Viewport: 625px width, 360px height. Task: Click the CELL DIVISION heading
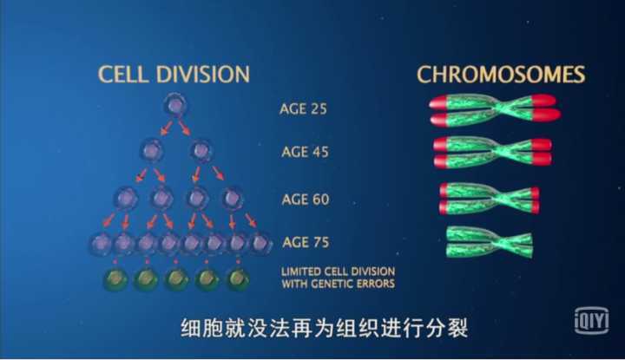174,74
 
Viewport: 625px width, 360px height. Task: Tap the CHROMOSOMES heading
501,75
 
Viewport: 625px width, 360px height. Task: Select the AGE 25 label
303,108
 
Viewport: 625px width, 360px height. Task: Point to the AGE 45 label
305,152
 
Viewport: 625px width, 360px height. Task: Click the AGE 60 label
306,200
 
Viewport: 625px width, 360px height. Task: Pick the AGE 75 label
306,242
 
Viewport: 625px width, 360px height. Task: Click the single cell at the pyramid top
175,106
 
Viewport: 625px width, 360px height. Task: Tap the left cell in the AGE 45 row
151,151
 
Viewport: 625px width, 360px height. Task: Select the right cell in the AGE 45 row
201,151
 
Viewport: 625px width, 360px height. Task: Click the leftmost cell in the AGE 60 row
126,199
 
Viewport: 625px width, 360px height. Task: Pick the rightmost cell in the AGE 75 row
260,243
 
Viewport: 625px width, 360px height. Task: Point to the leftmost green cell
115,278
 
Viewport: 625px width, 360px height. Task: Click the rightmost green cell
238,278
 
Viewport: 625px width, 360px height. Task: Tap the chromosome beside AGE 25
495,109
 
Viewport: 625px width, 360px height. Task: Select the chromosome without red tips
489,242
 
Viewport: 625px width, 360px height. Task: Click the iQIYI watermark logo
592,321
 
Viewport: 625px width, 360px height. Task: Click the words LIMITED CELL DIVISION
338,272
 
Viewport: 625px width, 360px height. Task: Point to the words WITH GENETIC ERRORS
338,284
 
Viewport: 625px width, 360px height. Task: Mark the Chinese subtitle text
324,329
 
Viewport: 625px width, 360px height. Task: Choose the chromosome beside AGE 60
489,198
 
